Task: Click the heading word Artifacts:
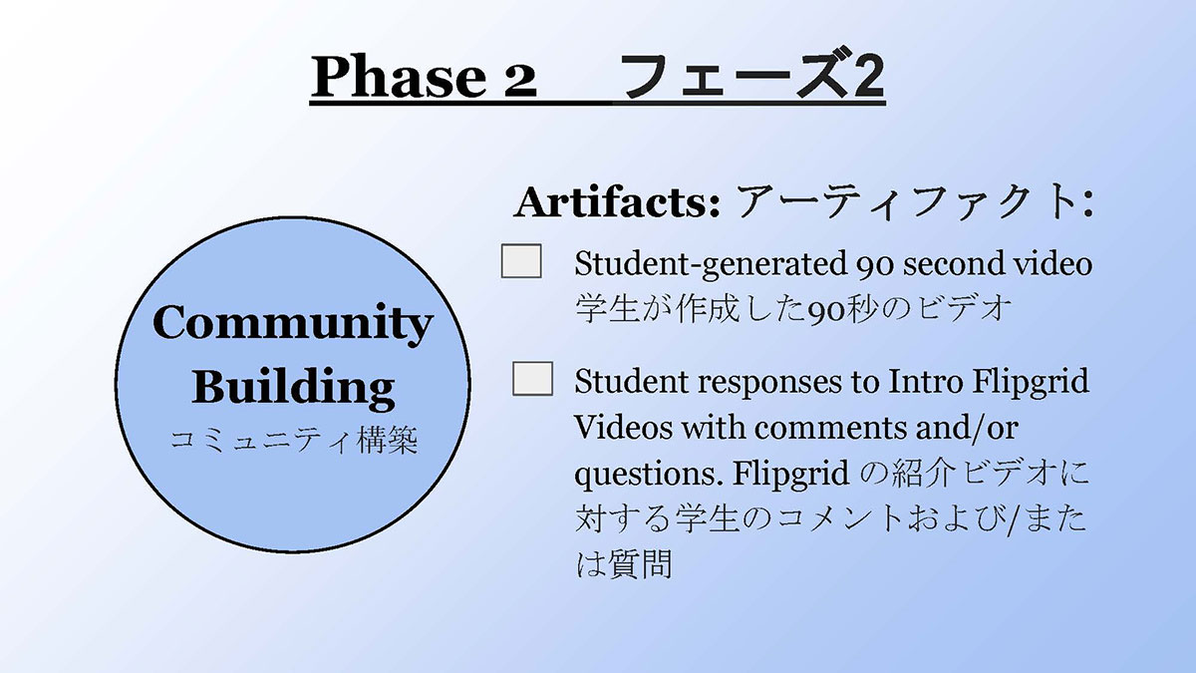[617, 201]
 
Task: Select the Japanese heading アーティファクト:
[914, 201]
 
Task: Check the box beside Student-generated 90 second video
[521, 261]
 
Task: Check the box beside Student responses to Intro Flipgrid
[532, 378]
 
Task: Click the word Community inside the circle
[293, 323]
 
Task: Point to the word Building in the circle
[293, 386]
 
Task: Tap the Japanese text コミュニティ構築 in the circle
[294, 440]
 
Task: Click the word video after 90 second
[1052, 263]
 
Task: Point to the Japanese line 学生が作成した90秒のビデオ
[793, 309]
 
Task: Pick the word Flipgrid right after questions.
[790, 474]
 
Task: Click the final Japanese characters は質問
[623, 564]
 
